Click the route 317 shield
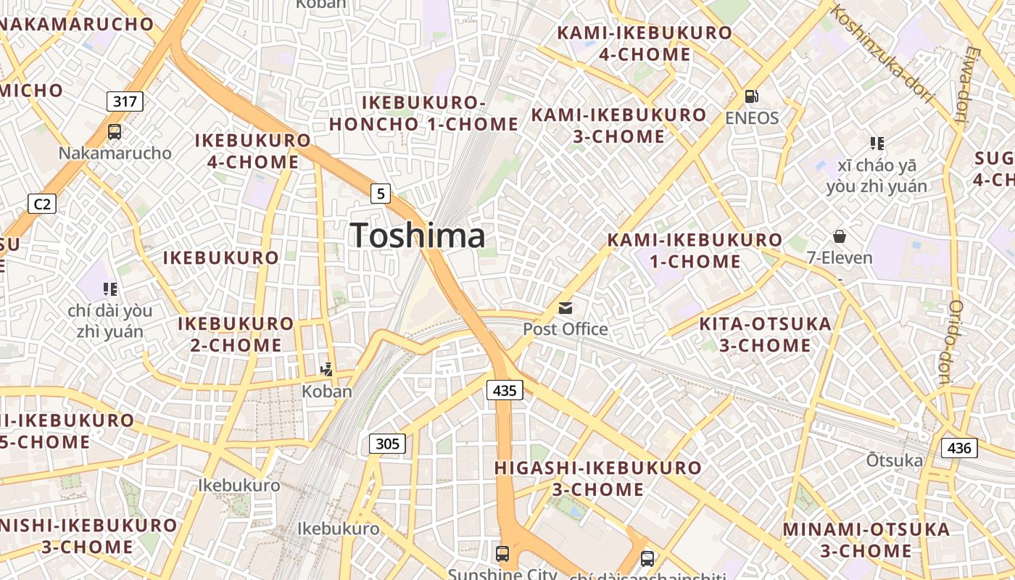(125, 101)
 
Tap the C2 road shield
(42, 204)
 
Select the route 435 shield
(504, 391)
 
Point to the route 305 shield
(387, 443)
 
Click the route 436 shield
(958, 448)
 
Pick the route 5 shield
(381, 194)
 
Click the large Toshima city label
(418, 236)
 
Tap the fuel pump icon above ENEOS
(752, 96)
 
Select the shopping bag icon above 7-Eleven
(840, 236)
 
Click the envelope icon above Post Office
(565, 308)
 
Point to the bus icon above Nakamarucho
(115, 132)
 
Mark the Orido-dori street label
(956, 341)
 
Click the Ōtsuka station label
(895, 460)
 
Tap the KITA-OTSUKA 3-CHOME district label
(765, 334)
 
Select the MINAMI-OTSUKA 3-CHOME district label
(866, 540)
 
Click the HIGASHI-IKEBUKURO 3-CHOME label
(597, 478)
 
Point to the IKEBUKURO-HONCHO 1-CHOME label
(423, 114)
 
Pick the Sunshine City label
(502, 575)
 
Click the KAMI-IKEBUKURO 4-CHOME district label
(645, 43)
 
